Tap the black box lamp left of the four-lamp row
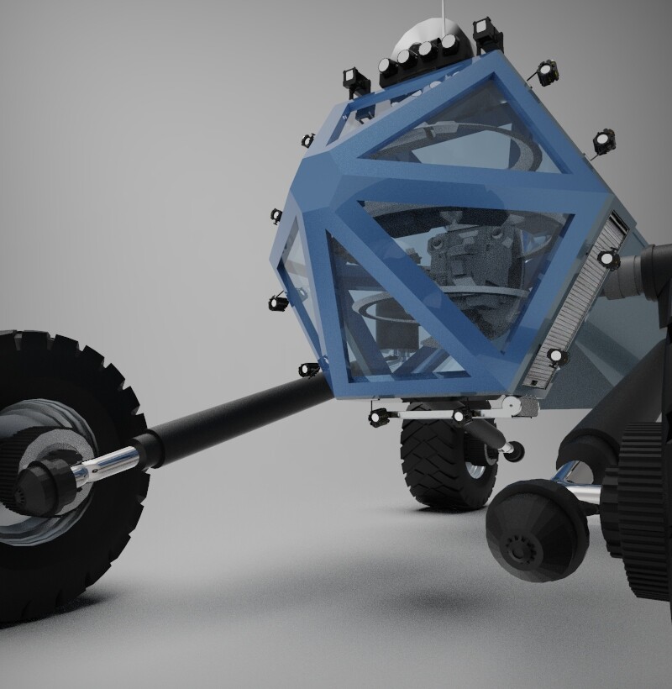click(x=357, y=81)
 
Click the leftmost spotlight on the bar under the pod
click(x=376, y=417)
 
